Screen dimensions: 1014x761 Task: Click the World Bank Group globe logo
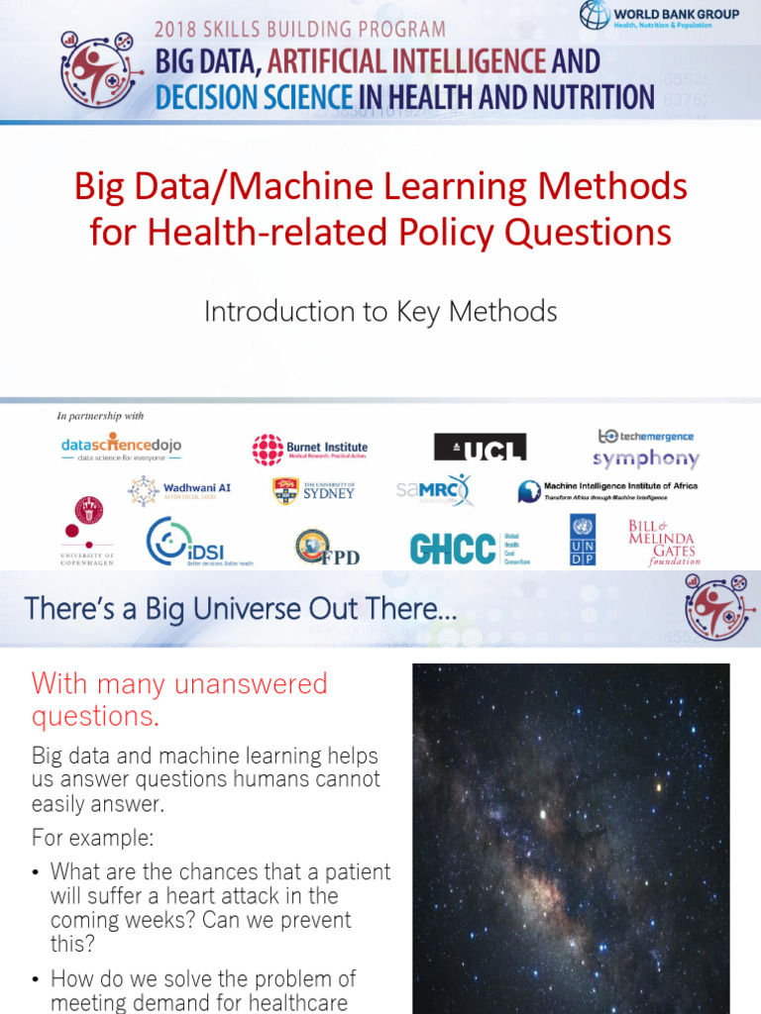(x=596, y=16)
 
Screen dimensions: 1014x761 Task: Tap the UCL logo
(x=480, y=448)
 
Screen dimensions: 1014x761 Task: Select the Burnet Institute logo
(x=309, y=449)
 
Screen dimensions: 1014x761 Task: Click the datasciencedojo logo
(x=121, y=447)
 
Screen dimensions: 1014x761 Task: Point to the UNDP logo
(x=583, y=541)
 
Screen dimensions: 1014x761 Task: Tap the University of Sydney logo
(x=313, y=491)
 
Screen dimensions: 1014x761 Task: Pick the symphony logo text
(x=646, y=458)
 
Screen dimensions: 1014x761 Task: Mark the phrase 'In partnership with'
(x=100, y=416)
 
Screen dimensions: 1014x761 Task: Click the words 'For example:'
(x=92, y=838)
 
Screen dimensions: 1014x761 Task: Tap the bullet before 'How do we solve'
(x=37, y=979)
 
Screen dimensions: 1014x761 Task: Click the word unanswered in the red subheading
(x=252, y=683)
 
